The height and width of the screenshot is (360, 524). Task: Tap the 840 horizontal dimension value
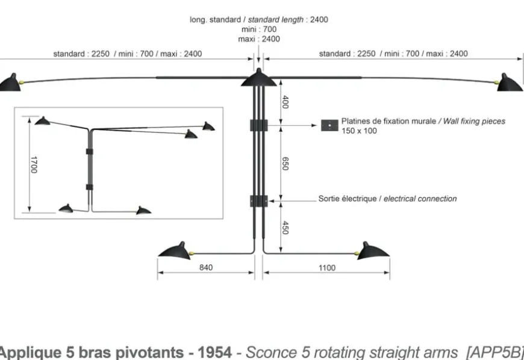[206, 268]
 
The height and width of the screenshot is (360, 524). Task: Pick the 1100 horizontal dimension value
[326, 268]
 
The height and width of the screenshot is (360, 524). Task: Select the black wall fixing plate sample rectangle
[329, 125]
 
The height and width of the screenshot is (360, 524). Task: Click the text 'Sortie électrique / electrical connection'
[387, 199]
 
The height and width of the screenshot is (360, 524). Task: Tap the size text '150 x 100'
[359, 131]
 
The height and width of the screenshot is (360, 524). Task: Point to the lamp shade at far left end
[10, 83]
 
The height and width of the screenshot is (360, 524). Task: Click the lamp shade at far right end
[510, 83]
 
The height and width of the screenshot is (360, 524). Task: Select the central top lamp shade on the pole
[258, 78]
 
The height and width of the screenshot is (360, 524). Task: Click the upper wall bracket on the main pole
[258, 125]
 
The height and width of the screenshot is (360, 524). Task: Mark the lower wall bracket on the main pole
[258, 200]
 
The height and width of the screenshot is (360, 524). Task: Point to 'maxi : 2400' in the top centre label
[259, 39]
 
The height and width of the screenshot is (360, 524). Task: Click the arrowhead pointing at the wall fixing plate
[314, 125]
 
